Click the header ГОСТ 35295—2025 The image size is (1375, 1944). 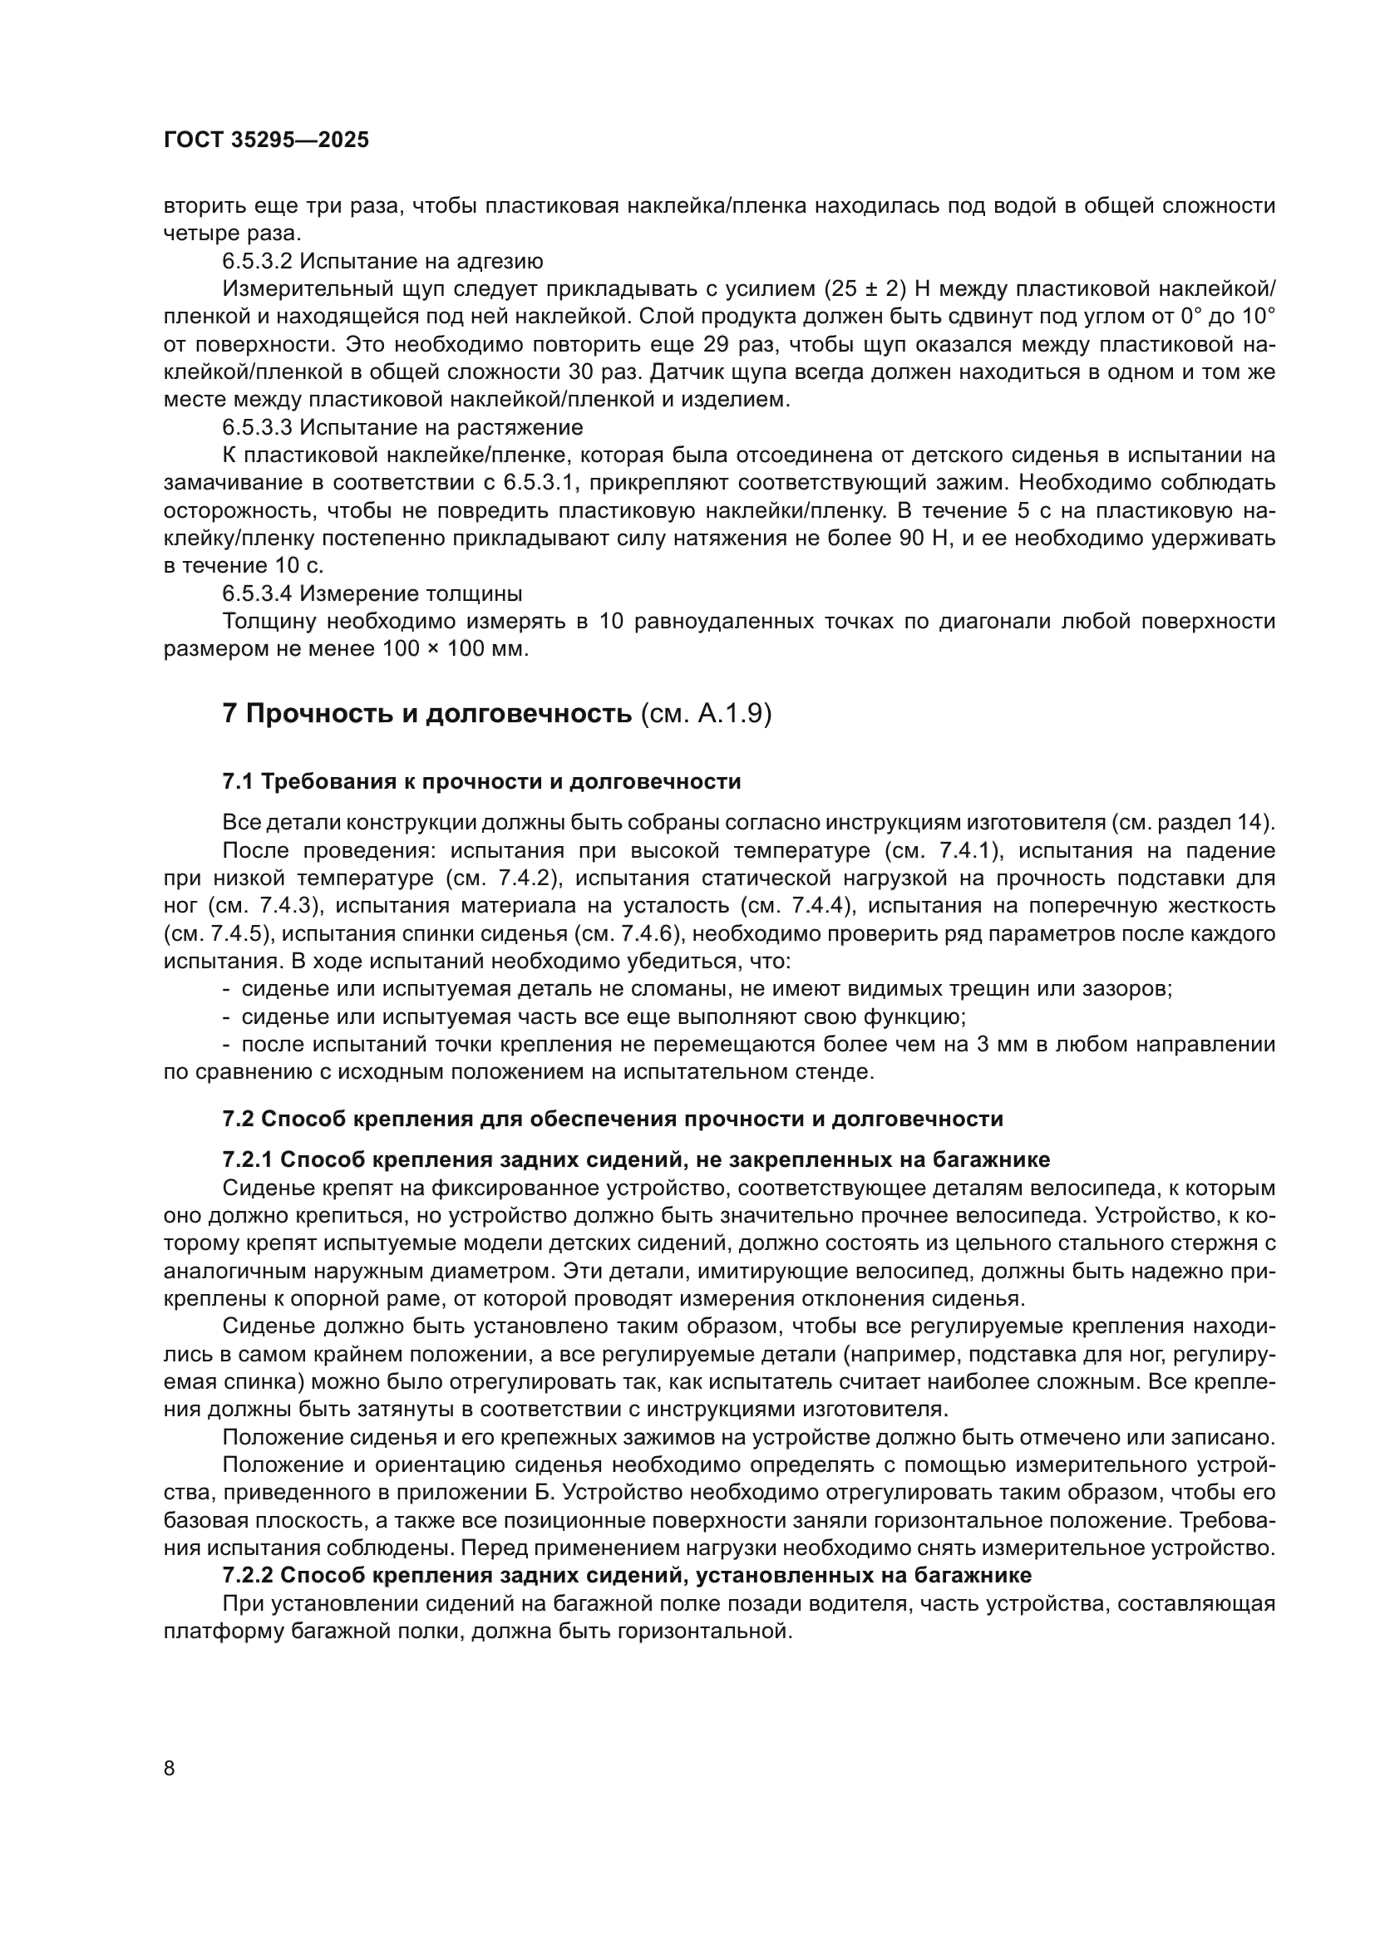coord(266,140)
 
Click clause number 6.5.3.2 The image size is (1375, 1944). coord(257,261)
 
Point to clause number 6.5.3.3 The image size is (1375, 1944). coord(257,426)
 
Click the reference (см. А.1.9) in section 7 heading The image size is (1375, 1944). coord(706,714)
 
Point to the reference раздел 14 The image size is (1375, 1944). coord(1219,822)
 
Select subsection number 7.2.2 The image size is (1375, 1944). coord(246,1576)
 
